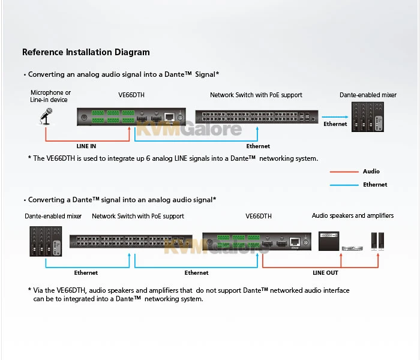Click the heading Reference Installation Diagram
tap(86, 52)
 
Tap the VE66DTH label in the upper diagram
tap(131, 95)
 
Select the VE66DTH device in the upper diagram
tap(131, 116)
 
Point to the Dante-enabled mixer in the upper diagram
tap(367, 117)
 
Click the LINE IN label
tap(86, 146)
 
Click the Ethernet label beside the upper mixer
tap(335, 124)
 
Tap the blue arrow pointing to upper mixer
tap(334, 117)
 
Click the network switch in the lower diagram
tap(131, 241)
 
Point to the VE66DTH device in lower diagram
tap(256, 241)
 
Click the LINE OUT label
tap(325, 273)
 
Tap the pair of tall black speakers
tap(378, 241)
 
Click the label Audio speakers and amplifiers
tap(353, 215)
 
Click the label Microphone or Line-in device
tap(51, 96)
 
